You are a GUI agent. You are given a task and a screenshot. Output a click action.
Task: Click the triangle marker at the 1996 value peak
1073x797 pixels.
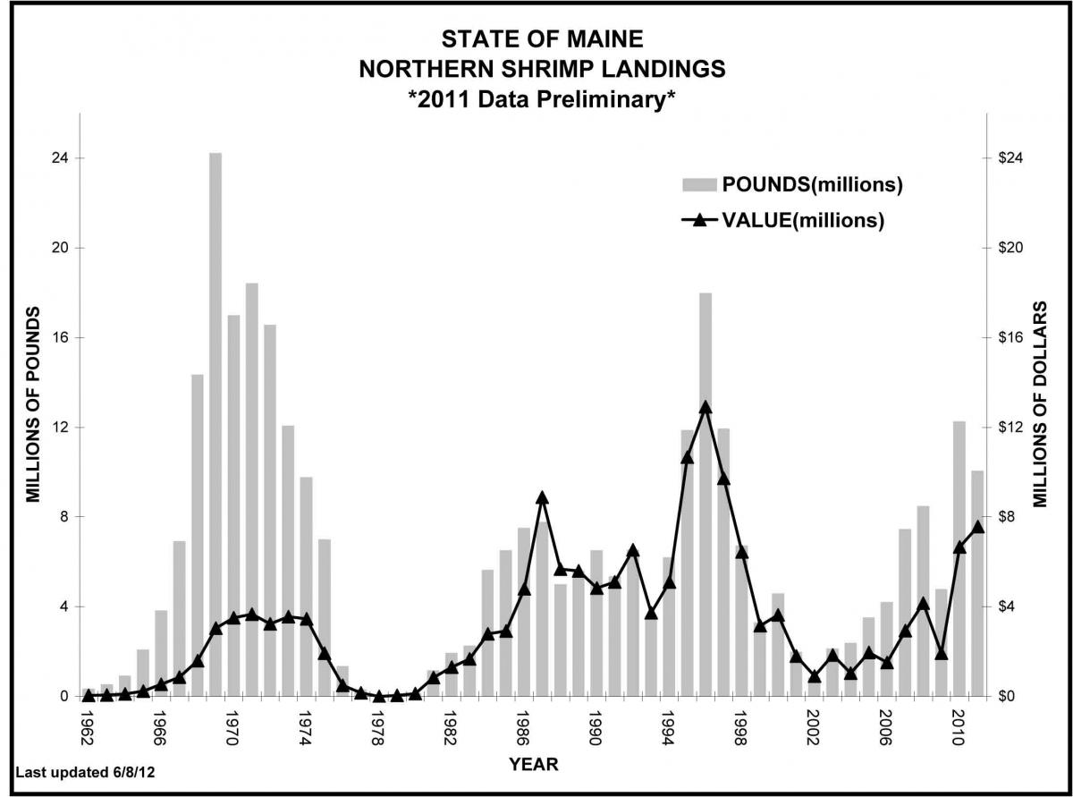pyautogui.click(x=705, y=407)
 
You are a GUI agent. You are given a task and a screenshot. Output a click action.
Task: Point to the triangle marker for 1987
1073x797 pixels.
pyautogui.click(x=542, y=497)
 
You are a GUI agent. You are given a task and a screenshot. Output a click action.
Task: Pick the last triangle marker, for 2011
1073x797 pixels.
pyautogui.click(x=977, y=526)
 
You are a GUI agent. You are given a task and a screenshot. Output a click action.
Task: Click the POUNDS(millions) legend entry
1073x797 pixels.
pyautogui.click(x=791, y=185)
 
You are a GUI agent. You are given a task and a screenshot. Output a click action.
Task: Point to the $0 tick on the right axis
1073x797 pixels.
pyautogui.click(x=1007, y=696)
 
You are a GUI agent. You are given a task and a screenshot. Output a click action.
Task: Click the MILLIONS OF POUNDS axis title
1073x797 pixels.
pyautogui.click(x=33, y=404)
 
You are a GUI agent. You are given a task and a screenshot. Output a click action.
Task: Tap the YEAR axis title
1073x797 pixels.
pyautogui.click(x=534, y=764)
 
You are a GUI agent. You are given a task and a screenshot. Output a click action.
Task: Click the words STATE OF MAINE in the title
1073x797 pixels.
pyautogui.click(x=542, y=39)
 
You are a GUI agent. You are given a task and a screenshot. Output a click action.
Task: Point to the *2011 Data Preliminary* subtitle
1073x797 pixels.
pyautogui.click(x=541, y=98)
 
